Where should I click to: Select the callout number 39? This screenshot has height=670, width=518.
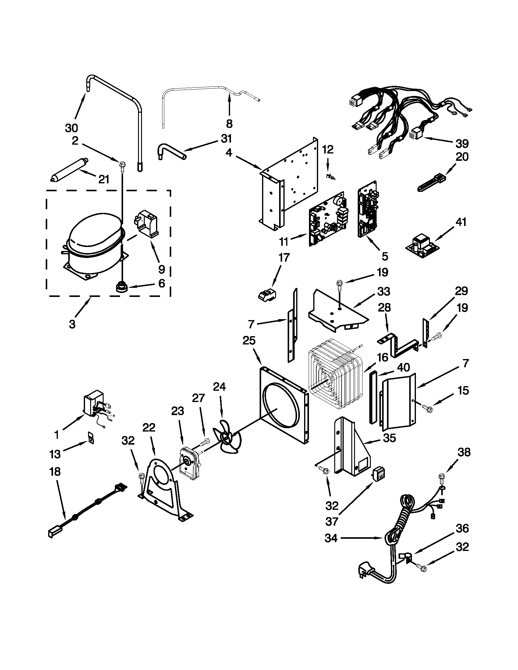[462, 143]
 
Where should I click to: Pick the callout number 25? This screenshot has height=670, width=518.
[249, 340]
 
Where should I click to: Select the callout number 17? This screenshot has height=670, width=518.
[284, 257]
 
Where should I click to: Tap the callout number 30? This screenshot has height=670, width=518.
[71, 128]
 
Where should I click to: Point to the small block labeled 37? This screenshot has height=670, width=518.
[378, 474]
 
